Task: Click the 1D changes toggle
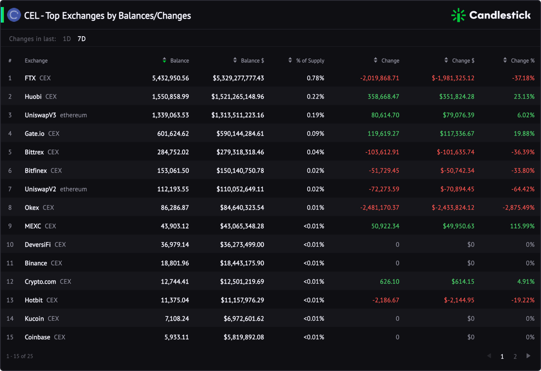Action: point(67,39)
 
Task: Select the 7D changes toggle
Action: point(81,39)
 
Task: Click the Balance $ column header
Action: point(253,61)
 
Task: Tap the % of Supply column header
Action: point(310,61)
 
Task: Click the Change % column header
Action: point(523,61)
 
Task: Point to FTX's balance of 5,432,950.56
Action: point(170,78)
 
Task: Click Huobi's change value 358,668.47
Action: point(383,97)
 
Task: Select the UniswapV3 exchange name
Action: point(40,115)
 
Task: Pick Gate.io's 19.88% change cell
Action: point(524,134)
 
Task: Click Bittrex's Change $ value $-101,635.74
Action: point(456,152)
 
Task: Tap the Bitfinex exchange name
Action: point(36,171)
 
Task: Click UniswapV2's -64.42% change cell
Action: point(523,189)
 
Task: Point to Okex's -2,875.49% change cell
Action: point(518,208)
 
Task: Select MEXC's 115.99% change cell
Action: point(522,226)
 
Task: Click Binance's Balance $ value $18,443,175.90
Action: point(242,263)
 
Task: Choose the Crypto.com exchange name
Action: point(40,282)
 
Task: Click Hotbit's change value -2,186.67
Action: point(386,300)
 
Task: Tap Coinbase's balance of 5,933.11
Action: point(177,337)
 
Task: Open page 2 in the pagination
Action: point(515,357)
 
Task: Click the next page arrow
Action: point(528,356)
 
